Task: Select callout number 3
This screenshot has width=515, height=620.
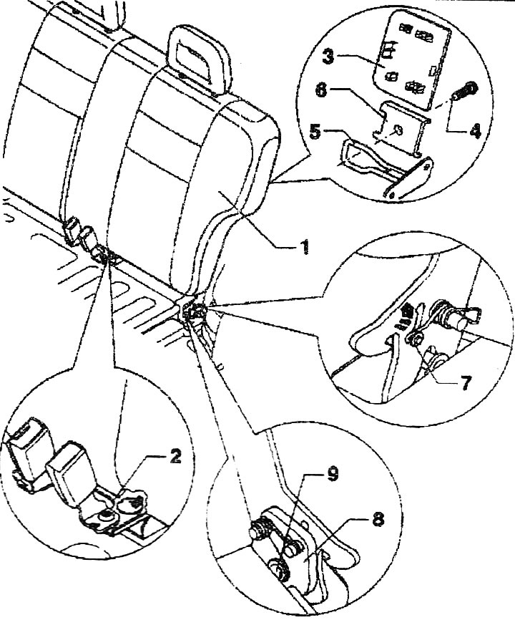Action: tap(328, 56)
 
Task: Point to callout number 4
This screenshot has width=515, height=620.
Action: tap(475, 130)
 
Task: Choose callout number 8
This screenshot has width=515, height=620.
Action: tap(378, 519)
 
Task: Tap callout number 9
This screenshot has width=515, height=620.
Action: tap(333, 473)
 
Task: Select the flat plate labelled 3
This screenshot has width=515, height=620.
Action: tap(413, 59)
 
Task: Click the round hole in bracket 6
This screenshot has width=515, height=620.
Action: tap(398, 130)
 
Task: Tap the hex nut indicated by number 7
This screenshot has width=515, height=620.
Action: tap(414, 338)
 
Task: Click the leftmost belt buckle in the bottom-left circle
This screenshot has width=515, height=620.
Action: tap(27, 452)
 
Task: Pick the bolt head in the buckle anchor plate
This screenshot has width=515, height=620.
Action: tap(105, 515)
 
